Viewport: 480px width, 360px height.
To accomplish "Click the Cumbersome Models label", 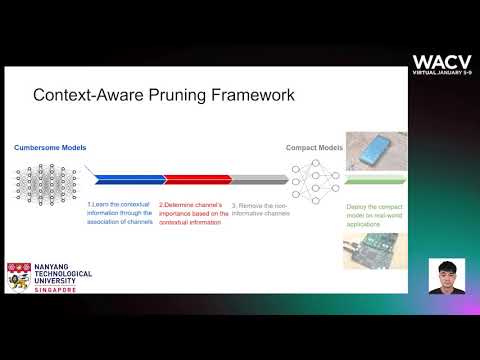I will click(50, 148).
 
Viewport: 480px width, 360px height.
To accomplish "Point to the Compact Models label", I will click(314, 148).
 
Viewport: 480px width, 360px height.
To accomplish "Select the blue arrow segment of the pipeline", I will click(127, 180).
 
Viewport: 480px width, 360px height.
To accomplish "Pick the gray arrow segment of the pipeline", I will click(257, 180).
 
